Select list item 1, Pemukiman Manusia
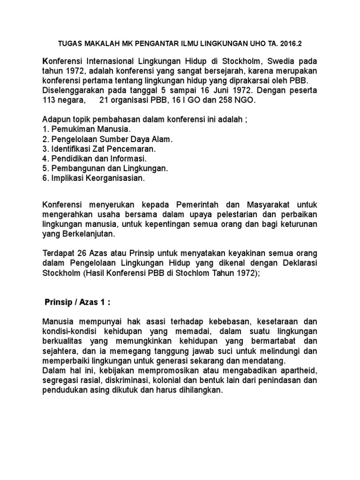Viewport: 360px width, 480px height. click(x=87, y=129)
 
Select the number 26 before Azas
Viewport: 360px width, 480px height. click(x=79, y=254)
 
